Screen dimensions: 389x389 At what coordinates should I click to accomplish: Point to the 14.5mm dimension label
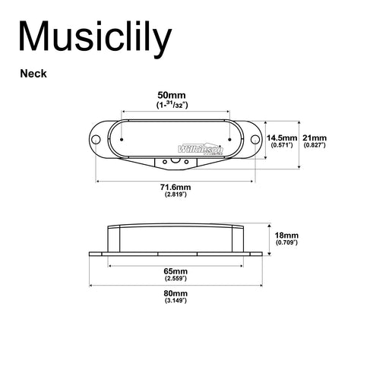(x=282, y=137)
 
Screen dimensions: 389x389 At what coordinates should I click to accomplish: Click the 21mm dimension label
(x=315, y=137)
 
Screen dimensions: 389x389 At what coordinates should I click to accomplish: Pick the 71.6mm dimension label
(x=175, y=187)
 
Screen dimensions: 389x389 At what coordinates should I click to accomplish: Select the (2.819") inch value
(x=175, y=195)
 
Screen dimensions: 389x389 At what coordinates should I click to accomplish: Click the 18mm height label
(x=288, y=236)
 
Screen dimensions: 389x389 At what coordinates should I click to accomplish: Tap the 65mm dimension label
(x=175, y=271)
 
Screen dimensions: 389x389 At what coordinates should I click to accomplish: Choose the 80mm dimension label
(x=175, y=293)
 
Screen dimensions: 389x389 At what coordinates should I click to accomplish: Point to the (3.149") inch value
(x=175, y=301)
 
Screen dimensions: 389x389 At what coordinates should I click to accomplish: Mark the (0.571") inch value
(x=282, y=144)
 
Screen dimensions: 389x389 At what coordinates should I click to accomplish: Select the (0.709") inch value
(x=288, y=244)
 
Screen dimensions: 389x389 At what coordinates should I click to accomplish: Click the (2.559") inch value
(x=175, y=280)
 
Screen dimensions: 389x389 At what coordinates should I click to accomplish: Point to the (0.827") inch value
(x=315, y=144)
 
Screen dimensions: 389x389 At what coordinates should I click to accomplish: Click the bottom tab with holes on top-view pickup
(x=176, y=160)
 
